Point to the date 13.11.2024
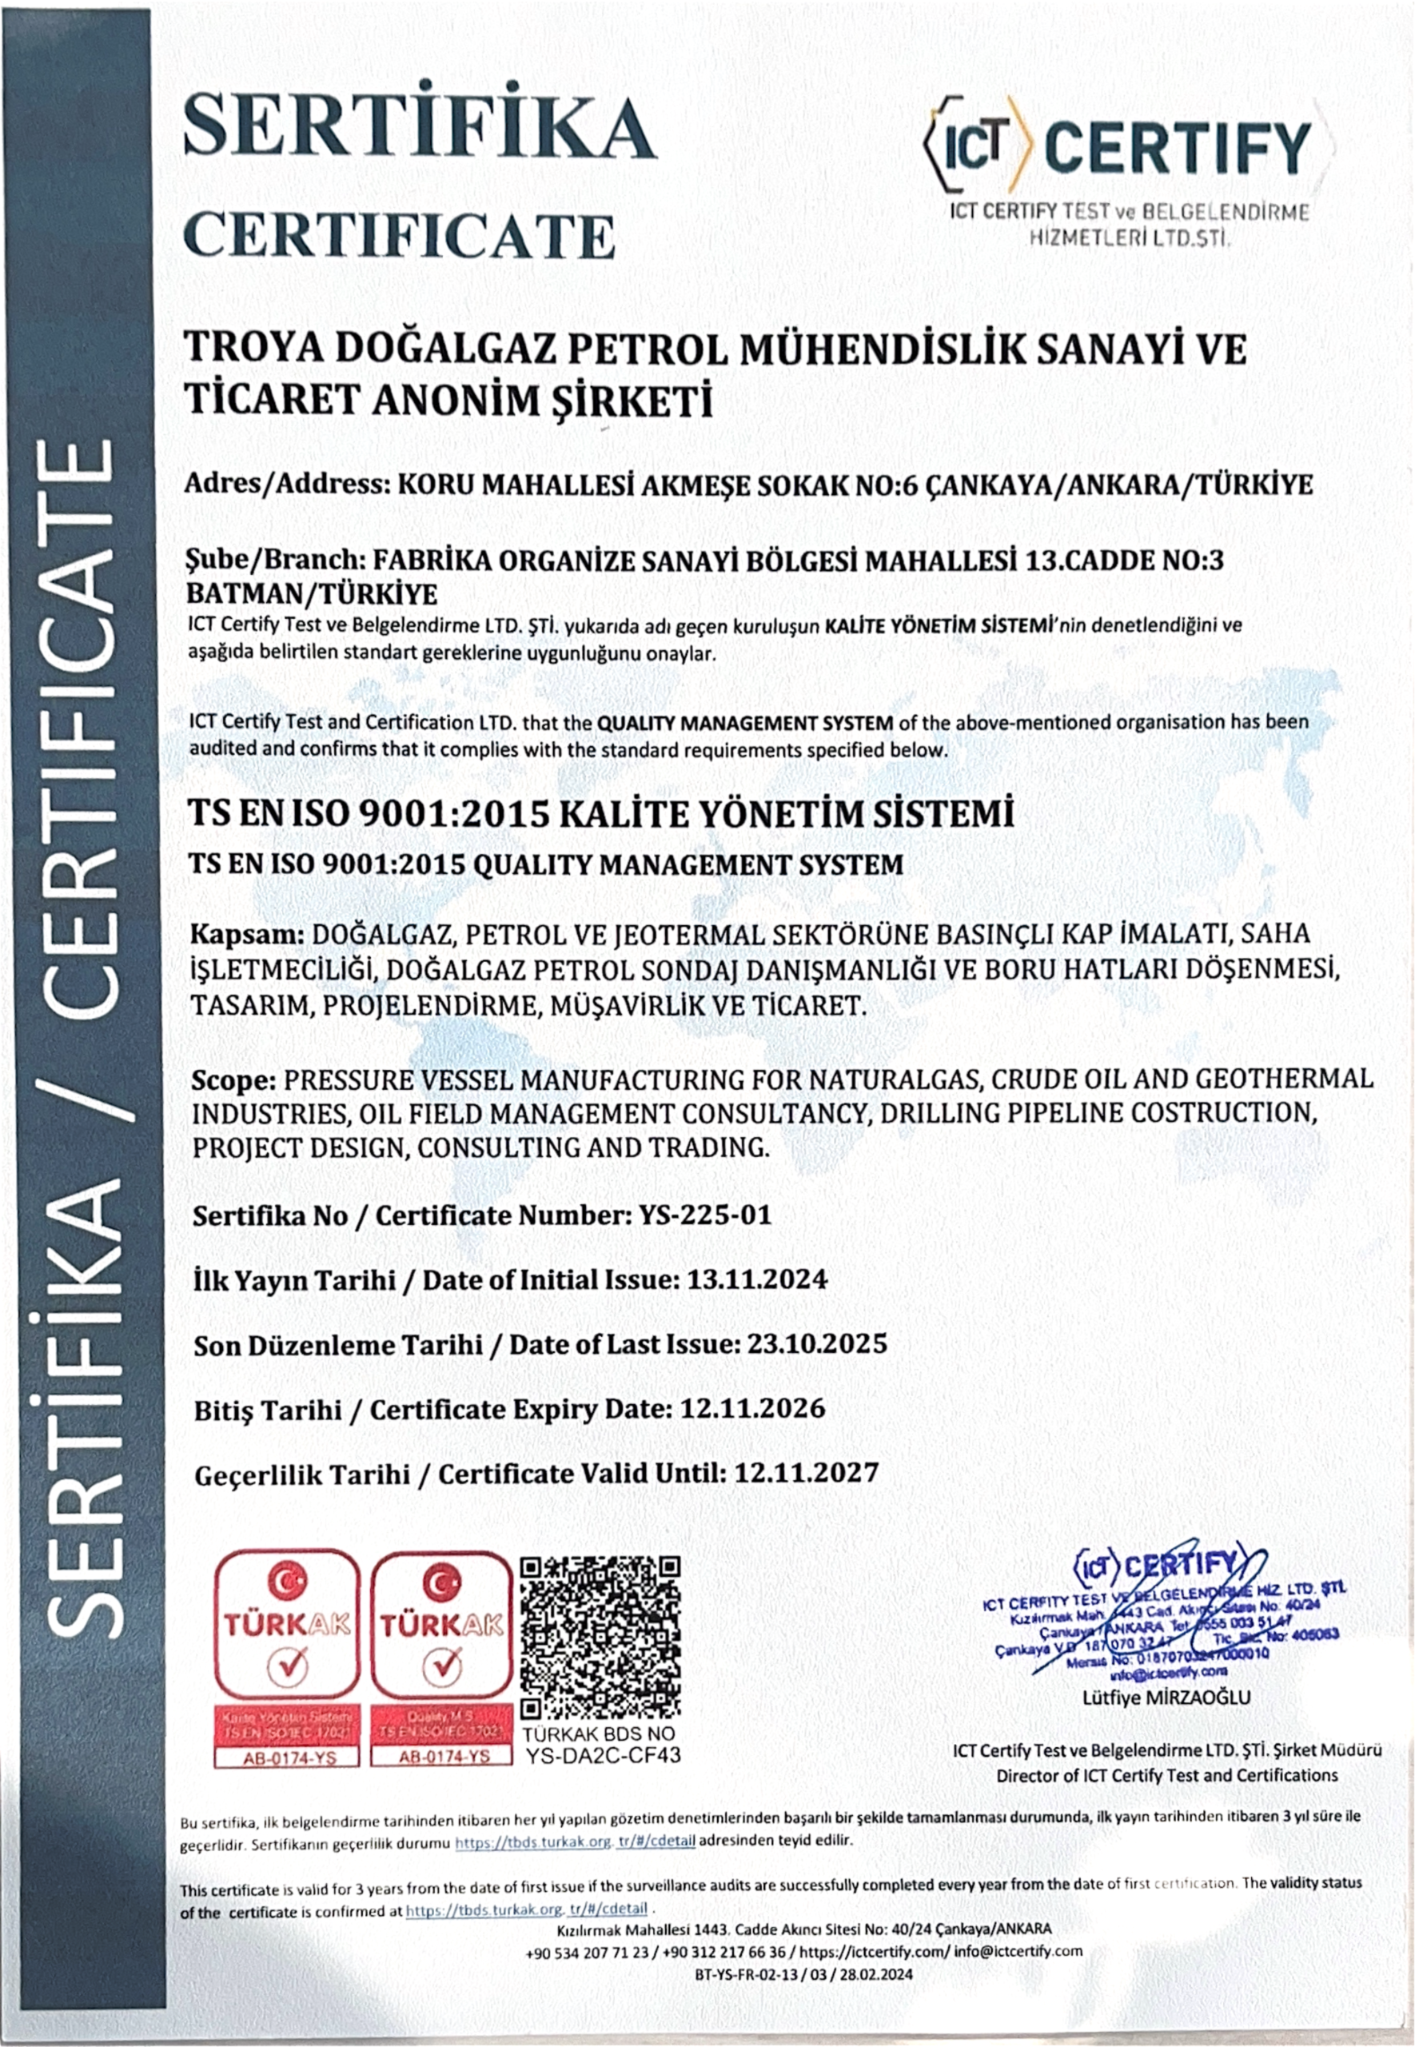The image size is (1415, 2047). tap(753, 1279)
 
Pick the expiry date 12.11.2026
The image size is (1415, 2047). tap(751, 1409)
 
